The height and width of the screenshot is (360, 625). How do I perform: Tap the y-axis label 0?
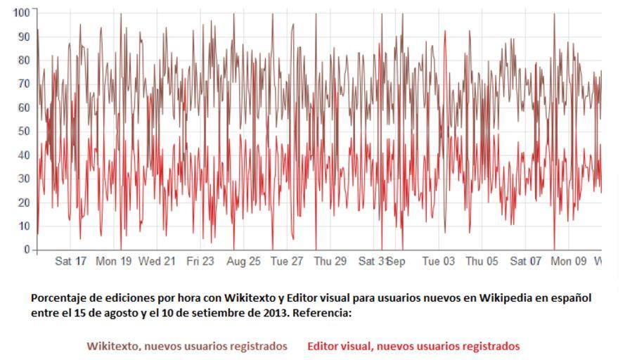(26, 250)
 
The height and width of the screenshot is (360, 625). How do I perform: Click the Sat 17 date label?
(71, 262)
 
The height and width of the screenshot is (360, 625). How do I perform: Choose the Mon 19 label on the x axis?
(114, 262)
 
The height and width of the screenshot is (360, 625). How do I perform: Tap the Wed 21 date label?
(157, 262)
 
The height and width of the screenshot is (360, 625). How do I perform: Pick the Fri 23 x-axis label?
(200, 262)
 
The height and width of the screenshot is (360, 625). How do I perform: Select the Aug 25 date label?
(243, 262)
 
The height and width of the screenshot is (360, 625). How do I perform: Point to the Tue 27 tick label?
(287, 262)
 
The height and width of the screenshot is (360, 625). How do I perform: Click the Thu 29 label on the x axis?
(330, 262)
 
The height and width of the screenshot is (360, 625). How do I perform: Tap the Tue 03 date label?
(439, 262)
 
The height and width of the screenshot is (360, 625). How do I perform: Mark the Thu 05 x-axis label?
(482, 262)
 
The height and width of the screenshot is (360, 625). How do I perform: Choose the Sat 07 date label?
(526, 262)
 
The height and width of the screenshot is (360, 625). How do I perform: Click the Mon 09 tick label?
(569, 262)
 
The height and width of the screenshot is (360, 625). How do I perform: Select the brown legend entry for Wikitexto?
(187, 347)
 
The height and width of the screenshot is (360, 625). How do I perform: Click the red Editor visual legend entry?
(413, 347)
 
